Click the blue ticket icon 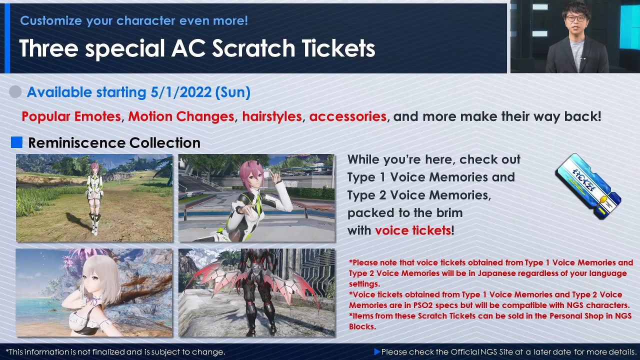(x=588, y=186)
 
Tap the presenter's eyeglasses (x=575, y=18)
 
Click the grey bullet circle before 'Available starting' (x=15, y=91)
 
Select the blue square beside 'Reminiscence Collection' (x=16, y=142)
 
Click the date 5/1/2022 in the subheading (x=181, y=92)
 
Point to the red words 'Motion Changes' (x=181, y=116)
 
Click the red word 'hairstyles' (x=272, y=116)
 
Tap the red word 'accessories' (x=347, y=116)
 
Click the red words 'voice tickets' (x=413, y=230)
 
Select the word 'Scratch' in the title (x=253, y=48)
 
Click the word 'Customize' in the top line (x=51, y=20)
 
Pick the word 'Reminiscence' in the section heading (x=77, y=142)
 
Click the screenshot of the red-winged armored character (x=256, y=292)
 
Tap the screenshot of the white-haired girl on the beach (x=94, y=292)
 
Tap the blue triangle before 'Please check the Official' (x=377, y=351)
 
